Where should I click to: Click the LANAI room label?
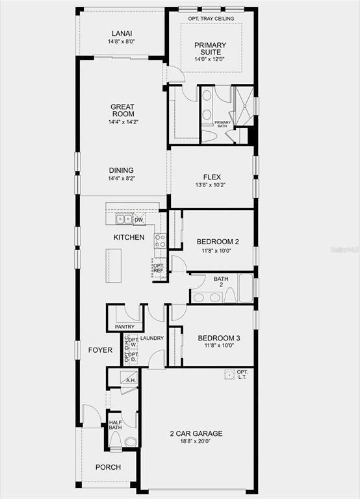pyautogui.click(x=122, y=32)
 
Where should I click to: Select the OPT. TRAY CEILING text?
pyautogui.click(x=211, y=18)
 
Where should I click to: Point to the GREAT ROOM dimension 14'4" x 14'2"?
pyautogui.click(x=122, y=122)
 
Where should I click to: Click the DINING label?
pyautogui.click(x=122, y=170)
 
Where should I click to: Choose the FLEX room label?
pyautogui.click(x=212, y=176)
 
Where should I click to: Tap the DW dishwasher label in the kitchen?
pyautogui.click(x=139, y=220)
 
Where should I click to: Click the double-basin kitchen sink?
pyautogui.click(x=123, y=219)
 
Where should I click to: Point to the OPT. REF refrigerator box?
pyautogui.click(x=159, y=268)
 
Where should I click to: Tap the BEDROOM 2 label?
pyautogui.click(x=218, y=241)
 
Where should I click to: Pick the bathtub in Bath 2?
pyautogui.click(x=245, y=288)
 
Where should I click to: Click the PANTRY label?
pyautogui.click(x=124, y=327)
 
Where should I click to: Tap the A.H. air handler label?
pyautogui.click(x=130, y=381)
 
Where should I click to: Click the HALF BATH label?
pyautogui.click(x=116, y=424)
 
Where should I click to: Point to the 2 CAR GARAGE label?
pyautogui.click(x=196, y=433)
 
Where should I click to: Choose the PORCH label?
pyautogui.click(x=108, y=467)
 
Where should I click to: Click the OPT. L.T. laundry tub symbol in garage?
pyautogui.click(x=229, y=374)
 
